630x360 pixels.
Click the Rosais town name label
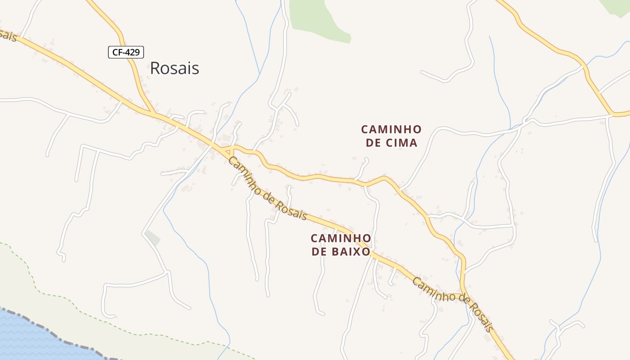pyautogui.click(x=174, y=68)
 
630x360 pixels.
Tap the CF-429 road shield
pyautogui.click(x=126, y=52)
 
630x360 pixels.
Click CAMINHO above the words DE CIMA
pyautogui.click(x=391, y=130)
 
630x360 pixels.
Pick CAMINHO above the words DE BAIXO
pyautogui.click(x=341, y=238)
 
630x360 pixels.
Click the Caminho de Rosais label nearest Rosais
pyautogui.click(x=267, y=188)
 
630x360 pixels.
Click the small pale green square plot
pyautogui.click(x=153, y=238)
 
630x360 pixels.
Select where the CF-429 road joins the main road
pyautogui.click(x=153, y=112)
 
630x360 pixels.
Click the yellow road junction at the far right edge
pyautogui.click(x=613, y=113)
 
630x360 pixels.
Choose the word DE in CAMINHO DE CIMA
pyautogui.click(x=373, y=143)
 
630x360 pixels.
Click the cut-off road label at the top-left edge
pyautogui.click(x=8, y=35)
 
